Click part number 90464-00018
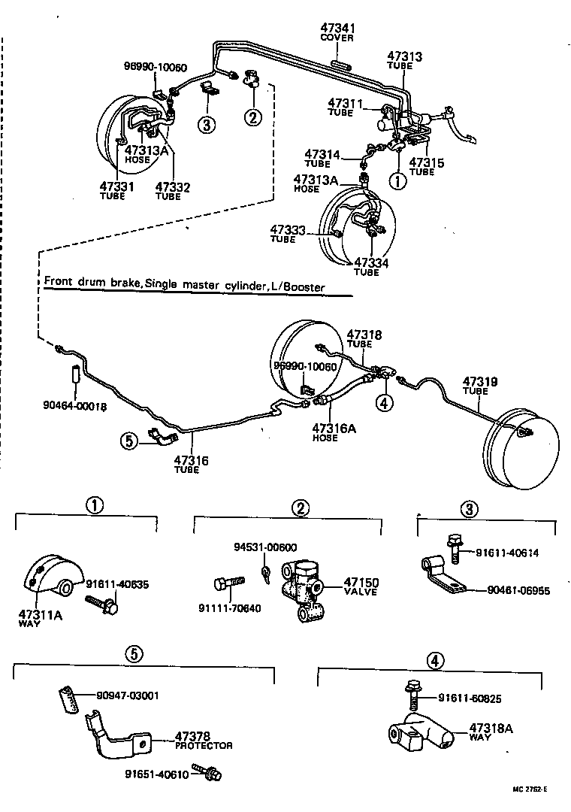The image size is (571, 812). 74,406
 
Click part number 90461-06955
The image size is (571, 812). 518,591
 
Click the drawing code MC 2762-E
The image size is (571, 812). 530,789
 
